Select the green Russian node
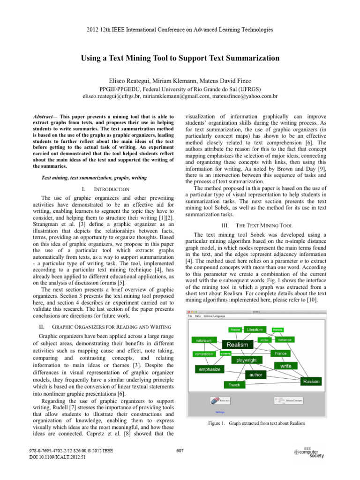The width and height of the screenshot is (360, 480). point(311,382)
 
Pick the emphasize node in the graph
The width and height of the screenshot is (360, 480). point(209,369)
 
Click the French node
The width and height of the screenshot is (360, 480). point(234,385)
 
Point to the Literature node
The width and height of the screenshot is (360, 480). point(255,330)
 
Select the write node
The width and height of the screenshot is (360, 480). point(285,365)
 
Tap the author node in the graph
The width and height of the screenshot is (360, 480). point(256,375)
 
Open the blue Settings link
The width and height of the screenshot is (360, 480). point(220,412)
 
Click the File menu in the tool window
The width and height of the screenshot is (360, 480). point(190,316)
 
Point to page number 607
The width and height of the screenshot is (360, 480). point(180,451)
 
